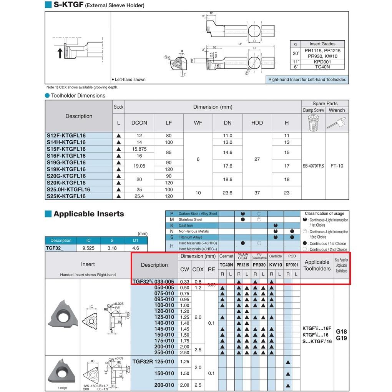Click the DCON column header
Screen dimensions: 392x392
click(x=139, y=123)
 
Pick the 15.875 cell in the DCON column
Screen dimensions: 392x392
click(x=139, y=149)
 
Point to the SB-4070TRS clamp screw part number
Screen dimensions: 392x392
click(x=313, y=166)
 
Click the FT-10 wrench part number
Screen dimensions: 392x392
click(x=337, y=166)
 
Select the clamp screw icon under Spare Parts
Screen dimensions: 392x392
click(x=313, y=123)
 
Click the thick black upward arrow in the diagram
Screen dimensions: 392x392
click(x=60, y=53)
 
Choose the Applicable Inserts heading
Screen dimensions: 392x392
click(x=88, y=214)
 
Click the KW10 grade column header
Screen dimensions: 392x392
click(x=275, y=265)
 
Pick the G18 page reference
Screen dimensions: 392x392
click(x=341, y=332)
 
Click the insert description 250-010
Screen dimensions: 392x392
click(x=164, y=352)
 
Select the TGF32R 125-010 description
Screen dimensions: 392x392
click(x=153, y=362)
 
